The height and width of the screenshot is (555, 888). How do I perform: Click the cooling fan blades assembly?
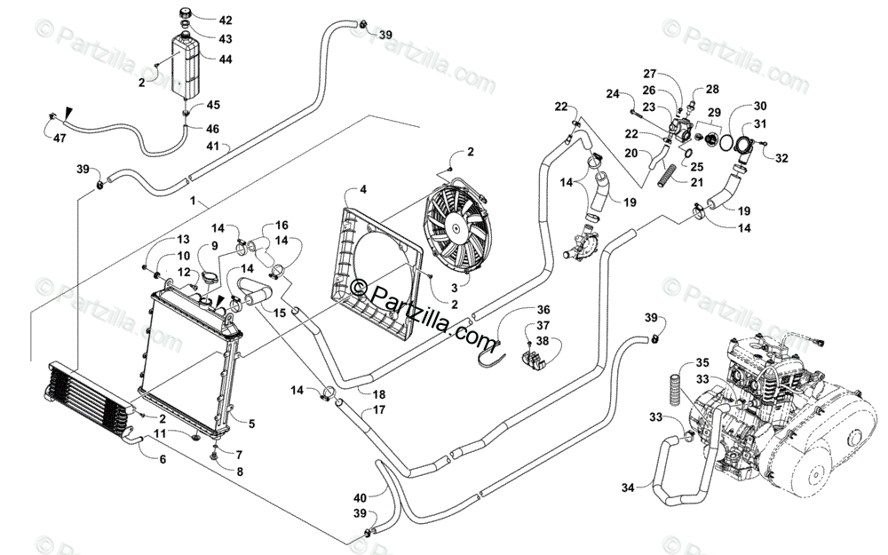point(458,227)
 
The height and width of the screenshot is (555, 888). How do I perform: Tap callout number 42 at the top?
point(226,20)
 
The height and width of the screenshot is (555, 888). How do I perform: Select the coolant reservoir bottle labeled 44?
point(186,65)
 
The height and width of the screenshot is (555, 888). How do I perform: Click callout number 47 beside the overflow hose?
point(59,138)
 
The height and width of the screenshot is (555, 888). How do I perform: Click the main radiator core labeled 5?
point(190,362)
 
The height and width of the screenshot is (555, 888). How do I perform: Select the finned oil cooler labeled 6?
point(89,400)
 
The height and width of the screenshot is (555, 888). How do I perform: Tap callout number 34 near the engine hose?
point(628,488)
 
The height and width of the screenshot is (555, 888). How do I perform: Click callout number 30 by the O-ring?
point(760,106)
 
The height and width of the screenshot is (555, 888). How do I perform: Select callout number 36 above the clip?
point(543,310)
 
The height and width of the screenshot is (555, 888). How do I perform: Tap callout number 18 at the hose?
point(379,394)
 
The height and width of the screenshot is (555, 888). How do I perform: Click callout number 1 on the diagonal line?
point(193,201)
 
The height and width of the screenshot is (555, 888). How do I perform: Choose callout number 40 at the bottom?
point(361,498)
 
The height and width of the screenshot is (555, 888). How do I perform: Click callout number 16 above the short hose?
point(281,226)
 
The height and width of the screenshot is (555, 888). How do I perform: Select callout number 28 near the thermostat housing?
point(712,90)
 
